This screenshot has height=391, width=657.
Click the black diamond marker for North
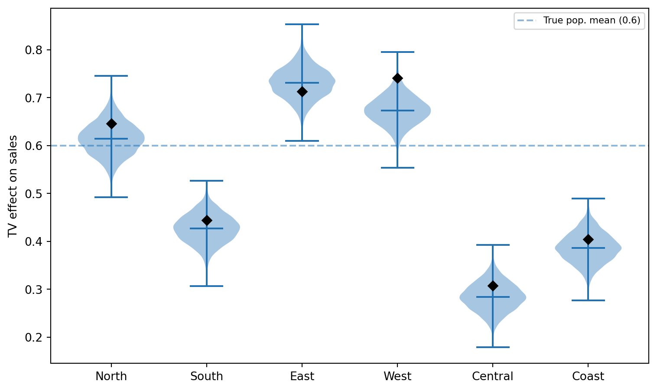111,124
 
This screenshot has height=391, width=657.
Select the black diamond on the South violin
207,220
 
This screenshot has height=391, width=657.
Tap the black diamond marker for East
302,92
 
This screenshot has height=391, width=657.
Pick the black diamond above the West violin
397,78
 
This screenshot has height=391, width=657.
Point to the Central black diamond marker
493,286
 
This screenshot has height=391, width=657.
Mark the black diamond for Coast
588,239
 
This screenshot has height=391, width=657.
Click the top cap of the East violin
302,24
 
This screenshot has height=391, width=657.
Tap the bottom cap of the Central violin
493,347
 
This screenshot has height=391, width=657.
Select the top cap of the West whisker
397,52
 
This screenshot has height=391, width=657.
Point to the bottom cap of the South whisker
207,286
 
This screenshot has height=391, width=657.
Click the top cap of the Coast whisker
588,199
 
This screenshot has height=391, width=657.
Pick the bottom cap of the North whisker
111,197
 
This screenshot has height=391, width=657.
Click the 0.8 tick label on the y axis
34,50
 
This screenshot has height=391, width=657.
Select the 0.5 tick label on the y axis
34,194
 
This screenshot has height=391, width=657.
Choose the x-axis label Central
493,376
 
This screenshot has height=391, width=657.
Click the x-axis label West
397,376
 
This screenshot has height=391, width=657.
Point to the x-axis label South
207,376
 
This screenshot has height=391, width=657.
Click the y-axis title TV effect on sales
12,186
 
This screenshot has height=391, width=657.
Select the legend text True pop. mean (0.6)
592,20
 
